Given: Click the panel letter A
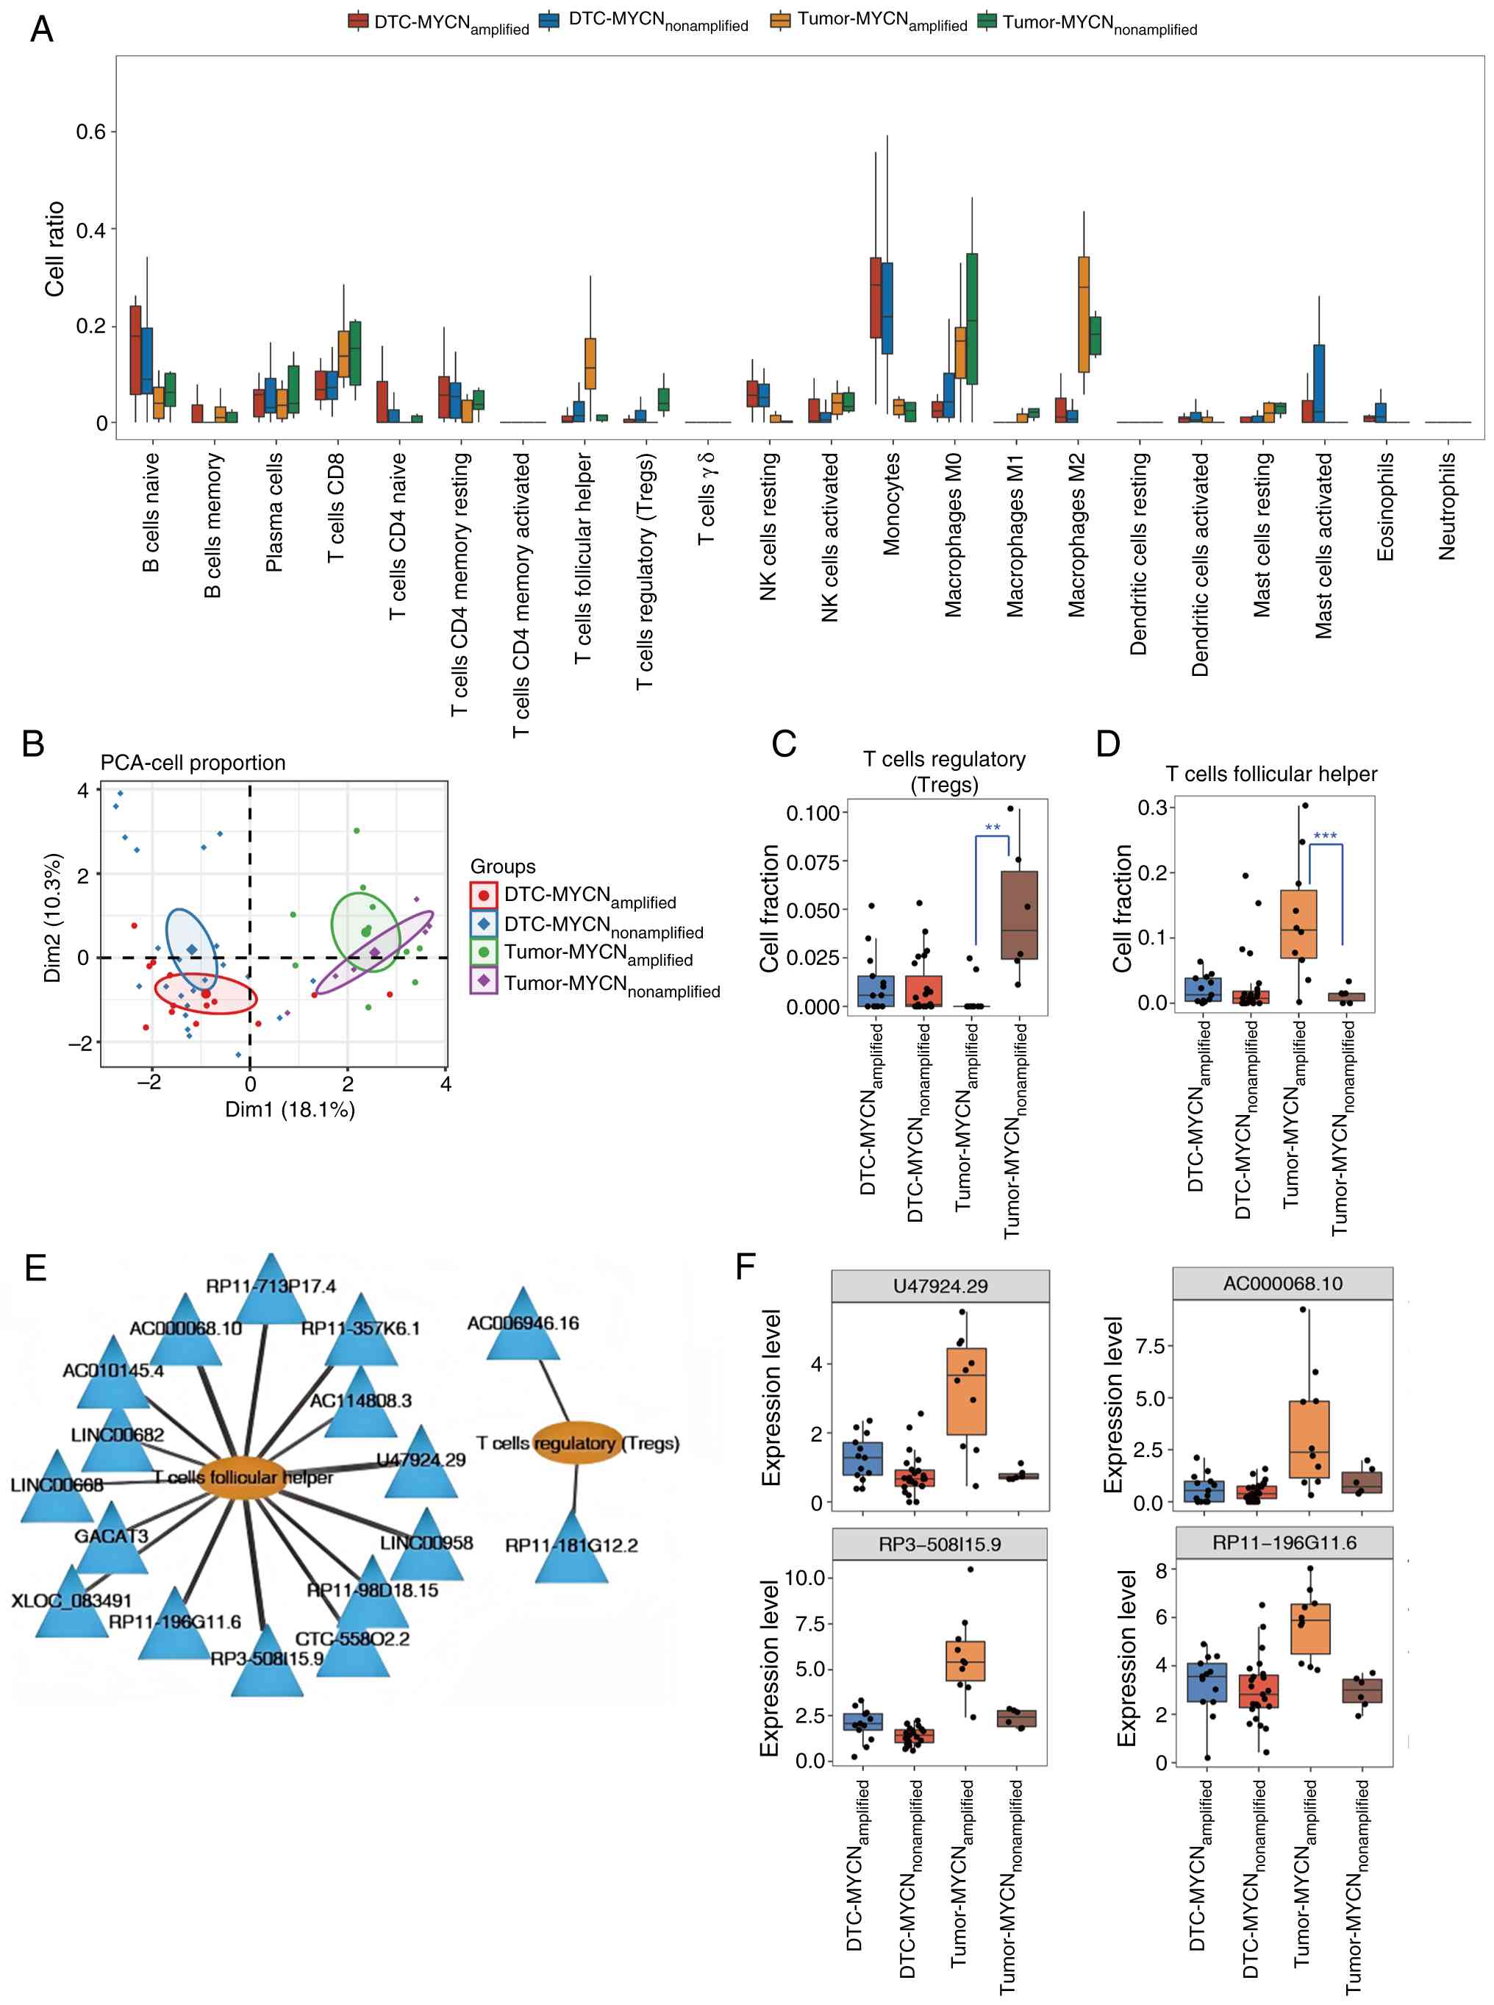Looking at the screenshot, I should (42, 30).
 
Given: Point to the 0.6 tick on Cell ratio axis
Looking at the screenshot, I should (90, 132).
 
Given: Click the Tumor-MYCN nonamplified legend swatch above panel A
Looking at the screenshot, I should (987, 21).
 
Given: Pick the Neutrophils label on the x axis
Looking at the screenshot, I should (1447, 506).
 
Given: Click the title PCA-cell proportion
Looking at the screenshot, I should (193, 763).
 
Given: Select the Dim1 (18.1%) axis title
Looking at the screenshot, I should (290, 1109).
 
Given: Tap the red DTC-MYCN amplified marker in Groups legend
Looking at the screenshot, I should (484, 896).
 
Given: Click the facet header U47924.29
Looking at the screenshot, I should (940, 1286).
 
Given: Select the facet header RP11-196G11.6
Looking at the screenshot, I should (1283, 1542).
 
